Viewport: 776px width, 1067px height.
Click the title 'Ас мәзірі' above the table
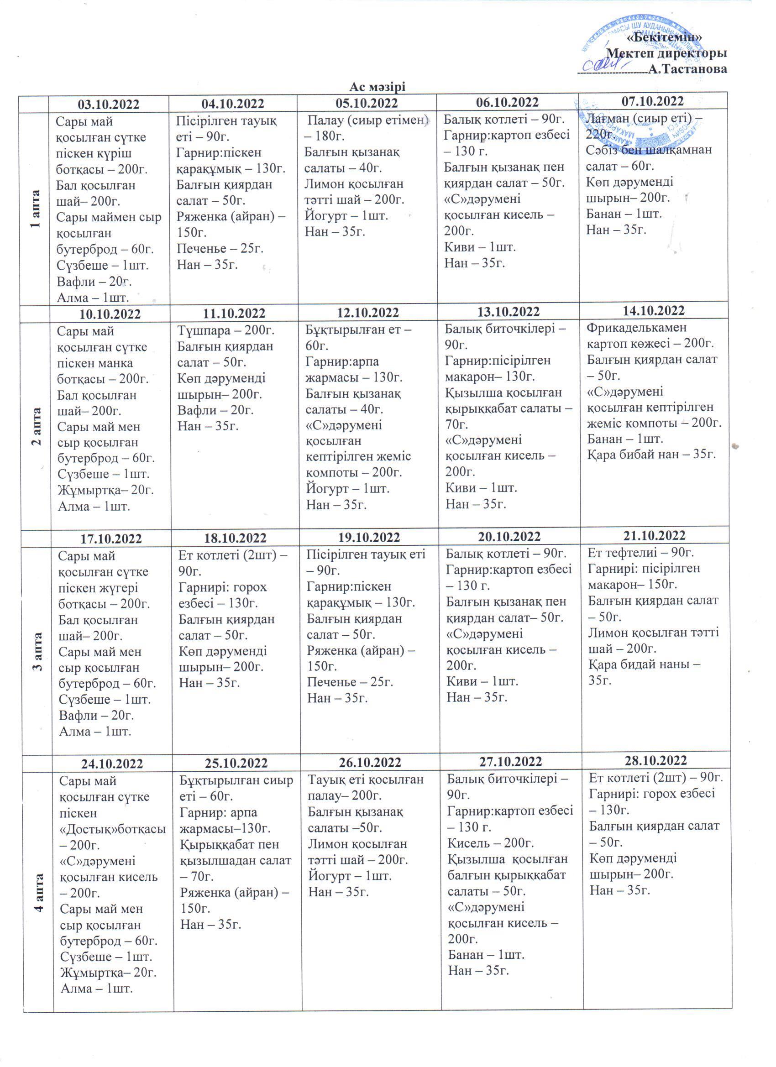pos(378,87)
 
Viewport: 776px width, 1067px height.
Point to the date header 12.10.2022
pos(368,312)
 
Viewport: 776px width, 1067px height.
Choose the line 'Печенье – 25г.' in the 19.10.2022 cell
pos(350,682)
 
